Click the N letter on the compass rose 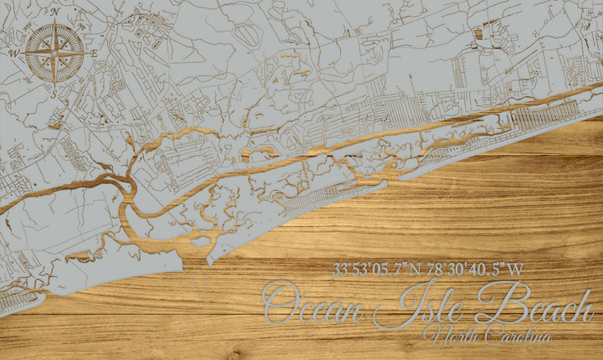pos(54,13)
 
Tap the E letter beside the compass pos(95,53)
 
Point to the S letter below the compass pos(54,93)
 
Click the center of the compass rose pos(54,53)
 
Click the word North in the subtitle pos(447,334)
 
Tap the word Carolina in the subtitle pos(513,334)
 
